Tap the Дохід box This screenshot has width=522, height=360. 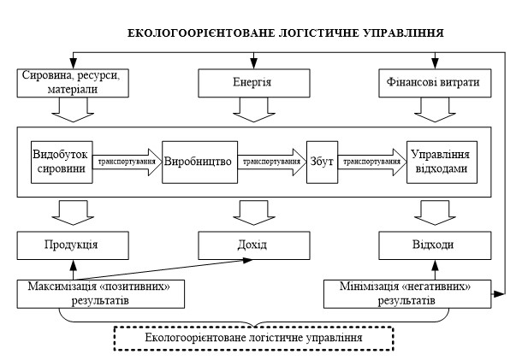point(251,245)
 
